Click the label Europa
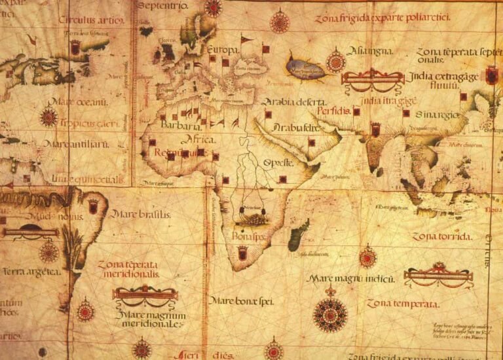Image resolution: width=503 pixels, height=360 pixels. [221, 49]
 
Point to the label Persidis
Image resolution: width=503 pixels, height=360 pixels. [333, 111]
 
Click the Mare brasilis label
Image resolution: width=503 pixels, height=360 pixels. [140, 214]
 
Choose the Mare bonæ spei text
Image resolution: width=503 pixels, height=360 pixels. [240, 300]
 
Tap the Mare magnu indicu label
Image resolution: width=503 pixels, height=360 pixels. [350, 278]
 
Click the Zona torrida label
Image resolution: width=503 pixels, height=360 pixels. [441, 236]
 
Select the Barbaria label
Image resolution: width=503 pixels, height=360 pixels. [180, 126]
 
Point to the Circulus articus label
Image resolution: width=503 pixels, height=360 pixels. [91, 20]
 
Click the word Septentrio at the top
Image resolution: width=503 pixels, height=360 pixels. [163, 6]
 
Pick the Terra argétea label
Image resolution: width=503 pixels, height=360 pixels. [31, 271]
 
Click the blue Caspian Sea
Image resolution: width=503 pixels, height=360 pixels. [305, 68]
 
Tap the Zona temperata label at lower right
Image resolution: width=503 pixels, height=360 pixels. [402, 304]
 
